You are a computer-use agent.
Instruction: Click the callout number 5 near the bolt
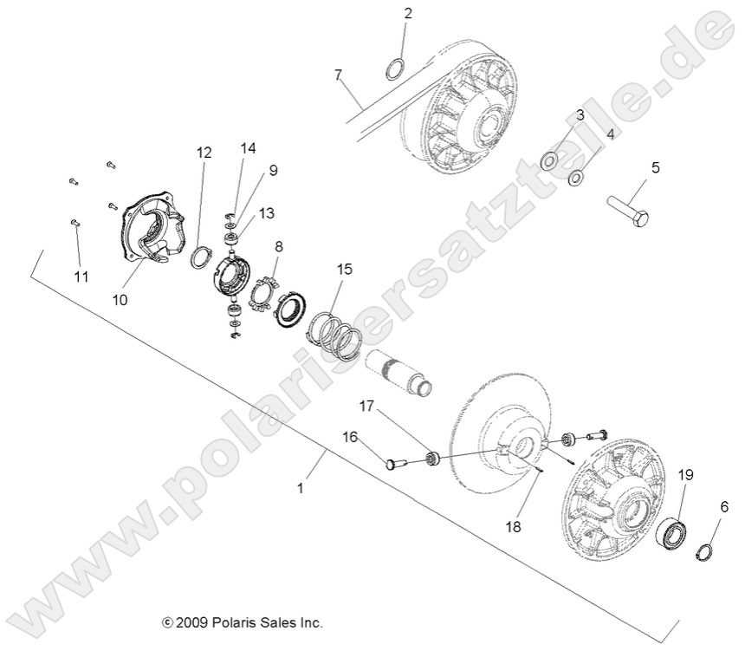point(656,167)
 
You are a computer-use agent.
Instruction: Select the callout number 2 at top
point(408,13)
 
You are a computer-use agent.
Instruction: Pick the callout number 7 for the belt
point(339,75)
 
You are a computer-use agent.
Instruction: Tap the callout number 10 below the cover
point(120,299)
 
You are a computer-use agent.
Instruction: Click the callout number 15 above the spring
point(345,270)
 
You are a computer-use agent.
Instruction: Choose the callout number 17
point(367,404)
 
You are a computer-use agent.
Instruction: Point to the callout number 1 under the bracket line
point(300,488)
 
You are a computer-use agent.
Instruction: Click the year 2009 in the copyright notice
point(190,622)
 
